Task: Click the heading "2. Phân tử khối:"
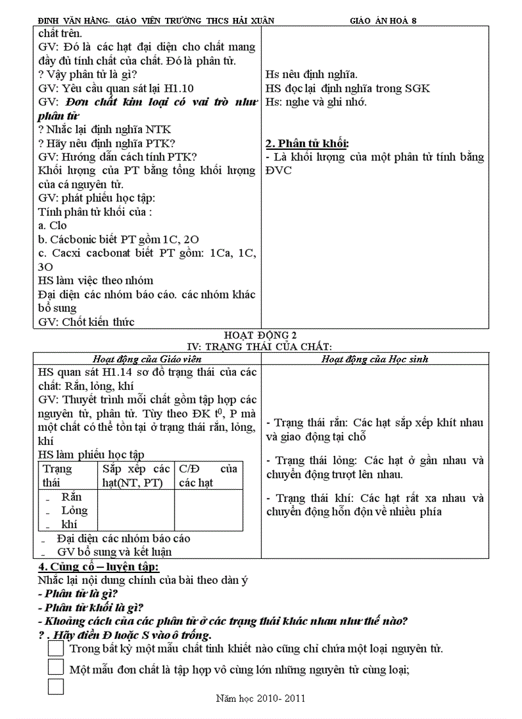[x=307, y=143]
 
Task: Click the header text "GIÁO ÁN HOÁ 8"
[x=383, y=20]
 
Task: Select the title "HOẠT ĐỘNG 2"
[x=261, y=335]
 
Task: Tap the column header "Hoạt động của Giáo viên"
[x=146, y=359]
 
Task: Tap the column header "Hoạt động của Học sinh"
[x=374, y=359]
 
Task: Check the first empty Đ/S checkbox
[x=56, y=648]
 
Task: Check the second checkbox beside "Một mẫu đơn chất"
[x=56, y=667]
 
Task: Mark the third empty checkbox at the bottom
[x=56, y=687]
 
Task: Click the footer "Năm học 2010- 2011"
[x=261, y=698]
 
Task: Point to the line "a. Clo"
[x=52, y=225]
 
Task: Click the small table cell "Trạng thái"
[x=58, y=476]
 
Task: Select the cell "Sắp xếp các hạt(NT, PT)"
[x=136, y=476]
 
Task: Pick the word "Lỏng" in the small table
[x=74, y=511]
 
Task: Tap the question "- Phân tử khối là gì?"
[x=91, y=607]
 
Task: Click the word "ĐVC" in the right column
[x=279, y=171]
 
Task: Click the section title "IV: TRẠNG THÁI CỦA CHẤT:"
[x=261, y=346]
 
